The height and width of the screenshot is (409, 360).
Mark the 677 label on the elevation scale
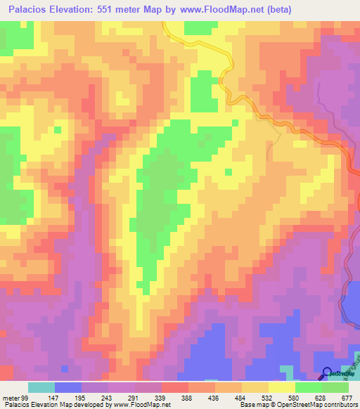coord(346,397)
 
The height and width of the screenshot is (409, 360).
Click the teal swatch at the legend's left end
coord(41,387)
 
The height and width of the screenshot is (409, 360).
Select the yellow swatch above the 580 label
coord(282,387)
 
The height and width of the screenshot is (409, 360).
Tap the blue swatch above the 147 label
coord(68,387)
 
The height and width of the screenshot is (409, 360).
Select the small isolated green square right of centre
coord(228,171)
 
